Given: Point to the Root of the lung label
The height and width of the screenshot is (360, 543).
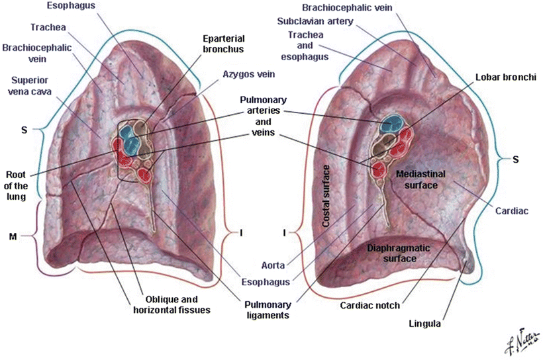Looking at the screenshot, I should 15,185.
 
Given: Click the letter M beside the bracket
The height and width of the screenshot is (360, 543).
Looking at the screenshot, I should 12,235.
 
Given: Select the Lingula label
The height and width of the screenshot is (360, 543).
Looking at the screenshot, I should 426,324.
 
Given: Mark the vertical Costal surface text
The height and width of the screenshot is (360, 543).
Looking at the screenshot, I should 325,199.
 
